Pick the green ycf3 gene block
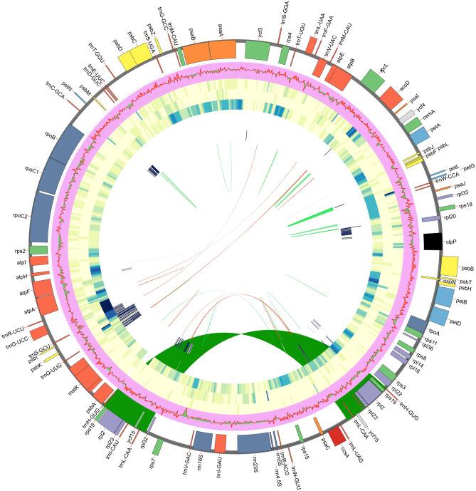(257, 50)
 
